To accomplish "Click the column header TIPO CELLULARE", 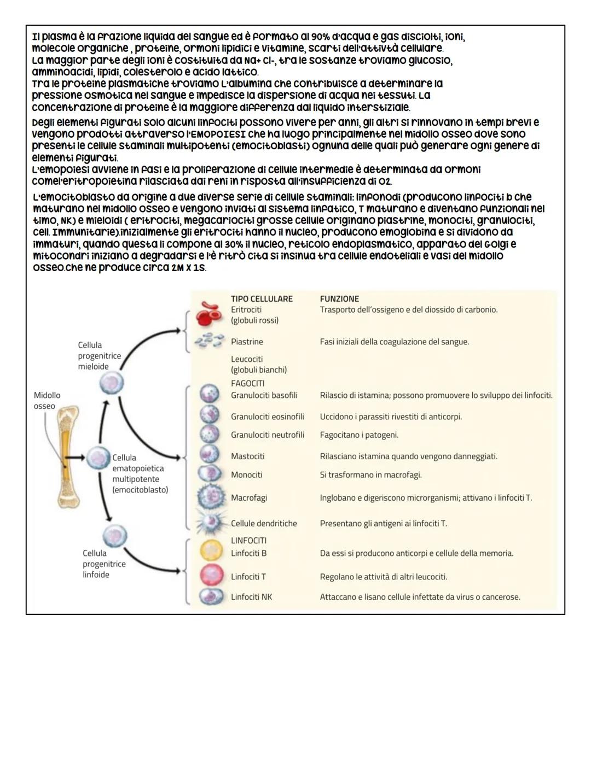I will (262, 299).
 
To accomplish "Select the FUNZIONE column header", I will (339, 299).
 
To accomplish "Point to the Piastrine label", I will (247, 342).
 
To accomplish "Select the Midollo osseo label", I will (47, 401).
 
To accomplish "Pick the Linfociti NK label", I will (251, 597).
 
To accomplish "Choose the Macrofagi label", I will (249, 498).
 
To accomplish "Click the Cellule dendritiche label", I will (264, 524).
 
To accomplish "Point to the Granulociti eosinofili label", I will (267, 417).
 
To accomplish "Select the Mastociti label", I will (247, 456).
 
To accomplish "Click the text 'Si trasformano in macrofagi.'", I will (370, 475).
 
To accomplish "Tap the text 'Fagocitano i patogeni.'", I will (359, 435).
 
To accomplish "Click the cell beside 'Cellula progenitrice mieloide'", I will (111, 383).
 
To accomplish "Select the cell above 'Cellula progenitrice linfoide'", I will (114, 535).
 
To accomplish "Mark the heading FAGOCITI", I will (247, 384).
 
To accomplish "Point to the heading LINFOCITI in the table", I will (248, 541).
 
